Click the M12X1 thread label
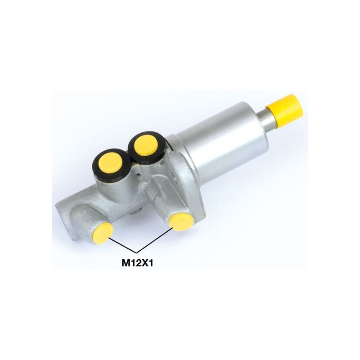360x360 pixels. pyautogui.click(x=137, y=263)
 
